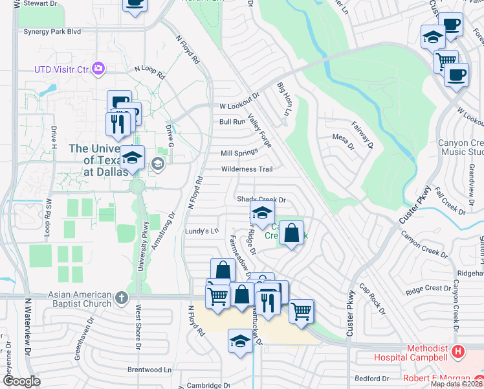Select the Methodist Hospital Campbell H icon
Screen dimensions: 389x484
tap(458, 352)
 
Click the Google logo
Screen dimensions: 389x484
tap(21, 381)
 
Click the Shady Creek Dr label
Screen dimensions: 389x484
tap(261, 200)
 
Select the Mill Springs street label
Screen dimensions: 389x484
tap(239, 153)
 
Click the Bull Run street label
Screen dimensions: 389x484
tap(232, 121)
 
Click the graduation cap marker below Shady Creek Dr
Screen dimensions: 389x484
tap(262, 213)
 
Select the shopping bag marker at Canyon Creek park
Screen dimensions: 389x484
tap(292, 232)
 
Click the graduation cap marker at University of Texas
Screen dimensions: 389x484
tap(132, 158)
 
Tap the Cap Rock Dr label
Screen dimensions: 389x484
tap(372, 301)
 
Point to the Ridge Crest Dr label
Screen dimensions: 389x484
tap(428, 288)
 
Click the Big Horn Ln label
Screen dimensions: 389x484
tap(283, 99)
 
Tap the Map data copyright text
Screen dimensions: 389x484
tap(456, 384)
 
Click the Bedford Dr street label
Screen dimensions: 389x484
tap(372, 377)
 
